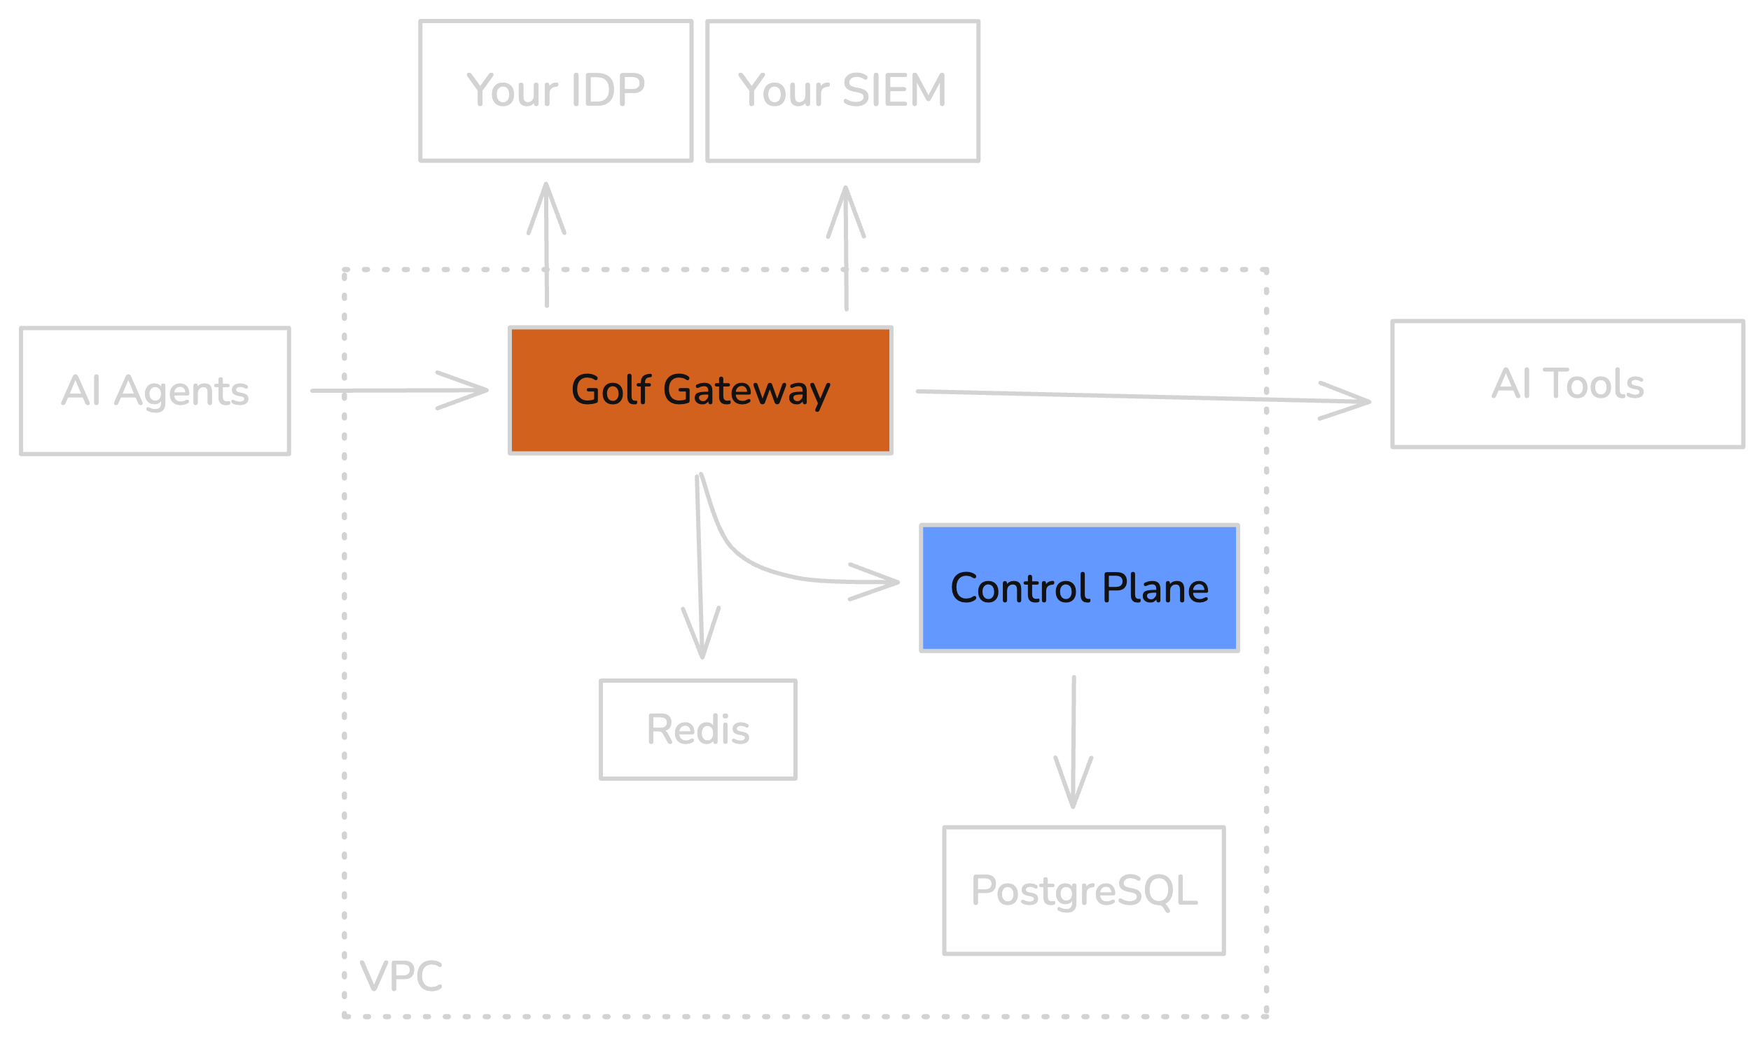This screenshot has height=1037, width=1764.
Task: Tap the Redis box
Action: click(697, 730)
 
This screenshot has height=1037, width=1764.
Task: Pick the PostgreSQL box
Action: click(1083, 891)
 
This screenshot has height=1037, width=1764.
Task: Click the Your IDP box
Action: click(555, 91)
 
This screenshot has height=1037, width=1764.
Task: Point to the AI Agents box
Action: click(155, 391)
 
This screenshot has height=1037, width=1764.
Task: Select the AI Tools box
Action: click(1567, 384)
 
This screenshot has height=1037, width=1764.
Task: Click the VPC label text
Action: click(401, 976)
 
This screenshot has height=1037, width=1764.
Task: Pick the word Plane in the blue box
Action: click(1155, 588)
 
